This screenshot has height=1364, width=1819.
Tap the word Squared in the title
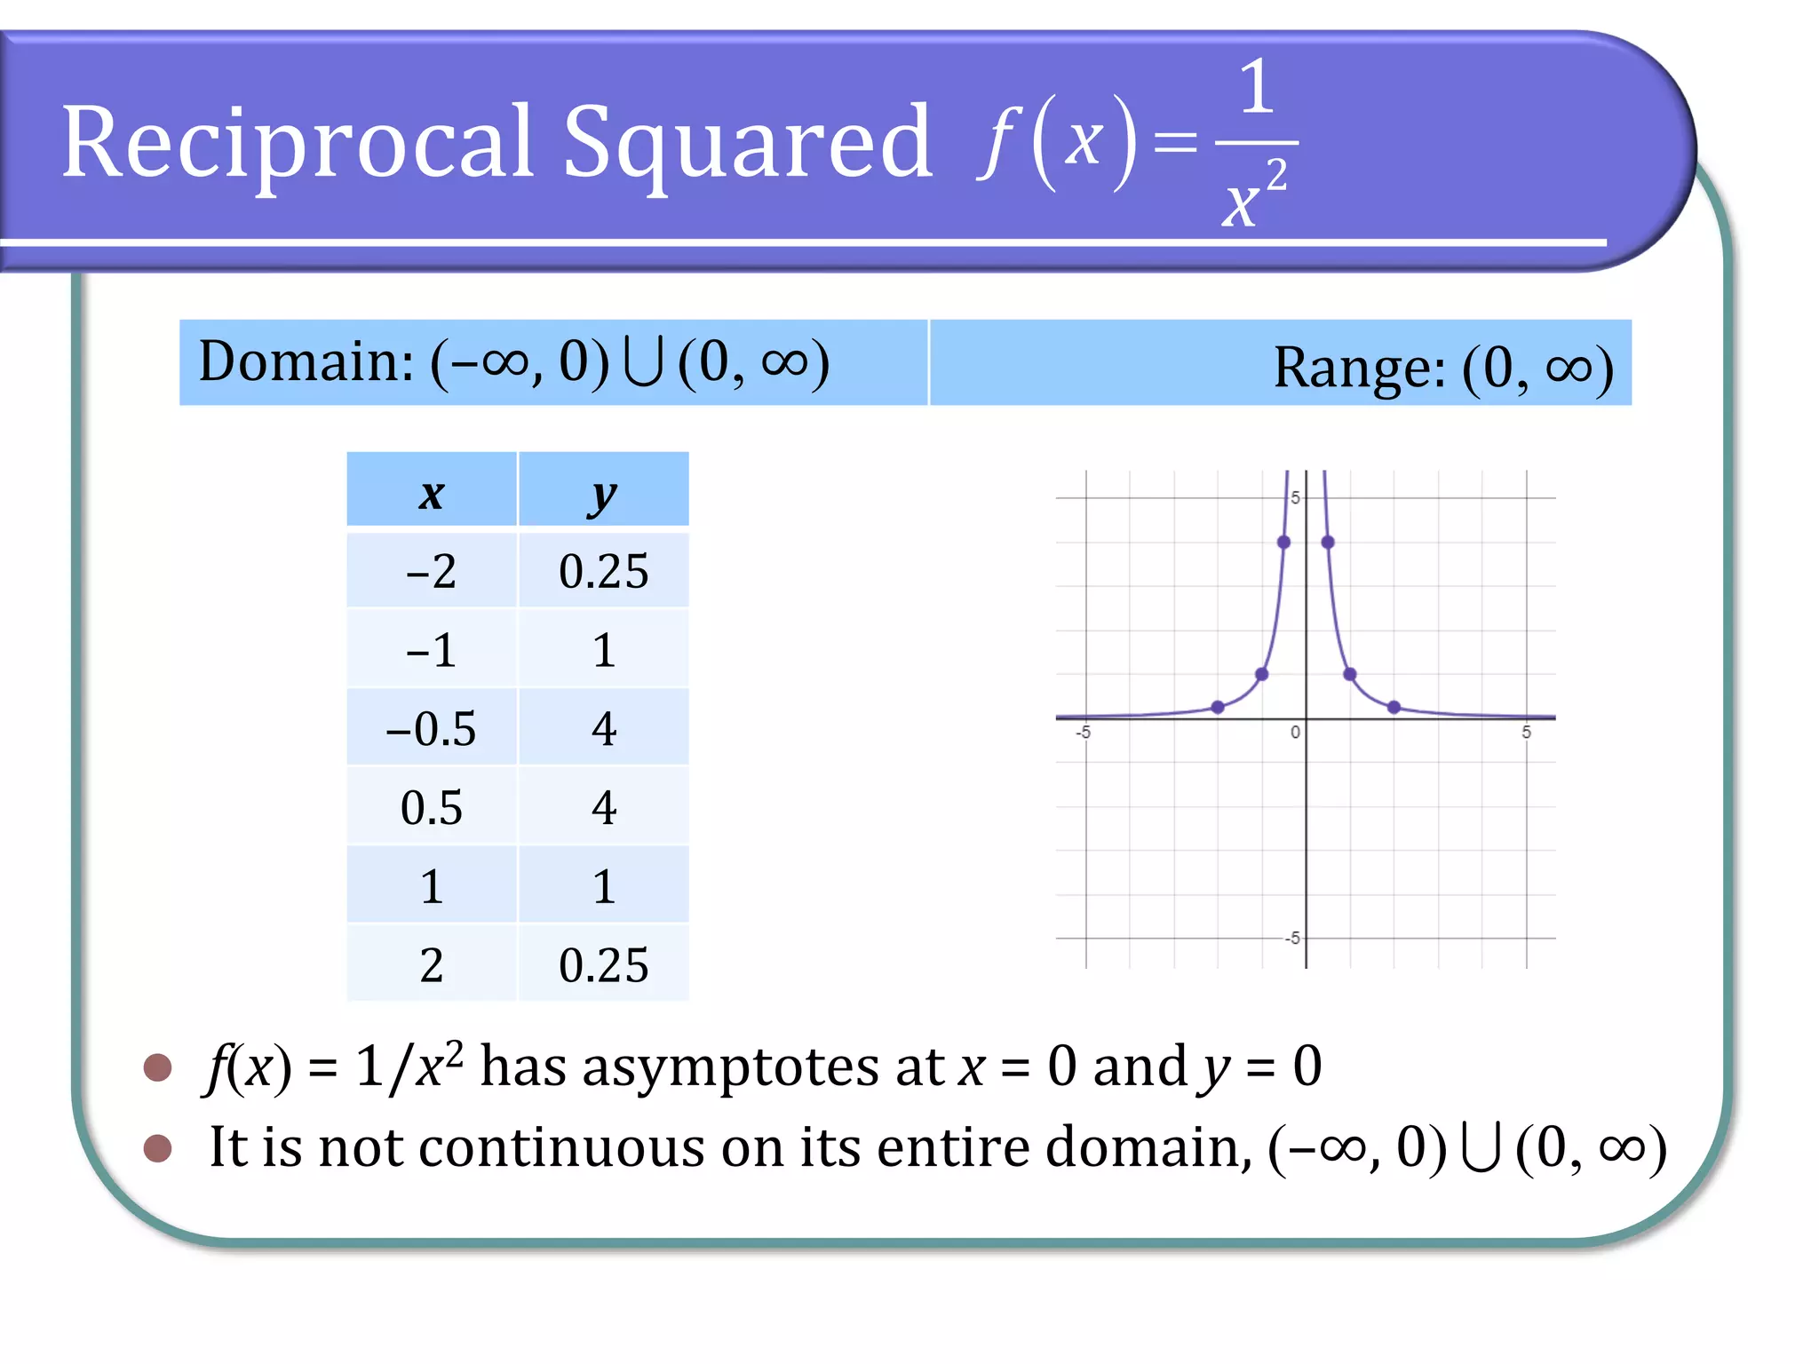click(x=748, y=142)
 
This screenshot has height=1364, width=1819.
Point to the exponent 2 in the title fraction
click(x=1276, y=175)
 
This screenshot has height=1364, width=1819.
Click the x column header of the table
click(x=432, y=494)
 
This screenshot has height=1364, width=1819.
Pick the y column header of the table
click(x=603, y=494)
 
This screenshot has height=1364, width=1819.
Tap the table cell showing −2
click(x=432, y=571)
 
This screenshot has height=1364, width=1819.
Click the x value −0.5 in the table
click(x=432, y=729)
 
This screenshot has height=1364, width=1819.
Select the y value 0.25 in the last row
click(x=603, y=965)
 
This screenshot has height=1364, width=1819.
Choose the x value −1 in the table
click(x=432, y=650)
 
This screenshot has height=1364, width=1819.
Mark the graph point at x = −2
click(x=1218, y=708)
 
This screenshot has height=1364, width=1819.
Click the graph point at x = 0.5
click(x=1328, y=542)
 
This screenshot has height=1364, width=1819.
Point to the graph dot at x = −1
click(x=1261, y=675)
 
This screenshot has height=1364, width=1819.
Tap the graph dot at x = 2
click(x=1394, y=708)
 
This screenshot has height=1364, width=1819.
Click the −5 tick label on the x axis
click(x=1084, y=733)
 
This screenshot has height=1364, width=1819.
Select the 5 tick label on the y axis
click(x=1295, y=498)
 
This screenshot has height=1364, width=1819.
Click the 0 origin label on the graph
click(x=1295, y=733)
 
